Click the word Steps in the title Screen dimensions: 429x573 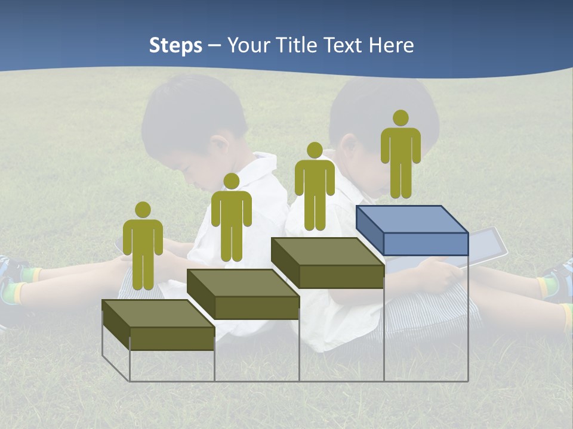pyautogui.click(x=175, y=45)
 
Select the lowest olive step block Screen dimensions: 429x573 pyautogui.click(x=158, y=325)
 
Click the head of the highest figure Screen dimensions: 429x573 pyautogui.click(x=401, y=118)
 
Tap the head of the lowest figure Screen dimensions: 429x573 pyautogui.click(x=143, y=210)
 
